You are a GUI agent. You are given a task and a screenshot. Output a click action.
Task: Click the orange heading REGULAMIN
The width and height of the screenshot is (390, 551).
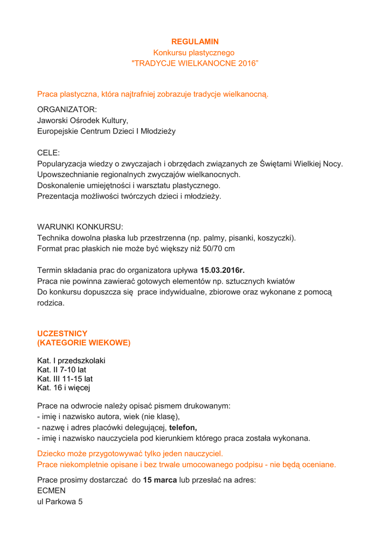click(x=195, y=41)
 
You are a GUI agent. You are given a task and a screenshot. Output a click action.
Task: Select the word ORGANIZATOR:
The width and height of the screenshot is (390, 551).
click(x=67, y=109)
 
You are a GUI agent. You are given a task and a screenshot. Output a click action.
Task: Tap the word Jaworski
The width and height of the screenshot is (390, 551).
click(x=53, y=120)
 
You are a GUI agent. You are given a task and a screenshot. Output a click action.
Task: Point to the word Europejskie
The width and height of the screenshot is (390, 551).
click(x=59, y=131)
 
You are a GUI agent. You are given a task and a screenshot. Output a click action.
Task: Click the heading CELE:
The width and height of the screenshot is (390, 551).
click(x=48, y=153)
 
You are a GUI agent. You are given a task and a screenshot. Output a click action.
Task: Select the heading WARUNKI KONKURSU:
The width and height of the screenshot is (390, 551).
click(x=80, y=227)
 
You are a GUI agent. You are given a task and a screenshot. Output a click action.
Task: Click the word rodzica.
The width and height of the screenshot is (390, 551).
click(x=51, y=303)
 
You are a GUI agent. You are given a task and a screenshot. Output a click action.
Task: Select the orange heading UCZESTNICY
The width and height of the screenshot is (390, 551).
click(x=62, y=334)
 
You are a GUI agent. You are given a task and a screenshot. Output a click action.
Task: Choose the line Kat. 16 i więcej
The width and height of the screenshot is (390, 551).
click(x=64, y=387)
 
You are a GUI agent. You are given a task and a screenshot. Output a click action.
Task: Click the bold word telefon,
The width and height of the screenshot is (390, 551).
click(x=183, y=428)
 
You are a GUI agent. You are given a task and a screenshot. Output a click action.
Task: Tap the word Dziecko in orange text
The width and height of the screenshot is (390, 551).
click(x=53, y=454)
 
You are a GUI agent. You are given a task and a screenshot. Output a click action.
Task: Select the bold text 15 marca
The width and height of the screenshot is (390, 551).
click(x=160, y=480)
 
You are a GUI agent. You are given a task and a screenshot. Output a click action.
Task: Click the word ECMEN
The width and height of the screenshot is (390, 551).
click(x=51, y=491)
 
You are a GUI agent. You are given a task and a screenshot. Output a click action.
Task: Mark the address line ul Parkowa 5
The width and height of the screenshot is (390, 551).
click(x=59, y=501)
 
